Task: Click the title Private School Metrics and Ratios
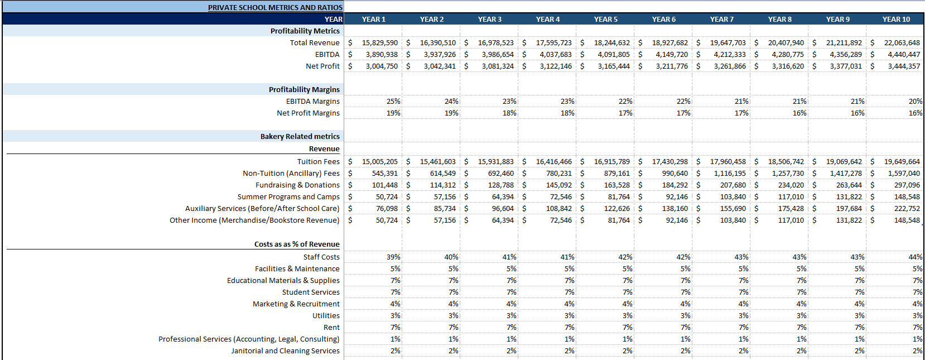(x=275, y=7)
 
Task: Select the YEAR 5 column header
(x=605, y=19)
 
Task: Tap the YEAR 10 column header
(x=895, y=19)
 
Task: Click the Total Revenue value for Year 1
(x=379, y=42)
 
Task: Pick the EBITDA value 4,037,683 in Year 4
(x=555, y=54)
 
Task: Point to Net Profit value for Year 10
(x=903, y=66)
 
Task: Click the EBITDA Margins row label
(x=312, y=101)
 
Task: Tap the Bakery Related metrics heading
(x=300, y=136)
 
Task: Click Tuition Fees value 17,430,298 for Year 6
(x=669, y=161)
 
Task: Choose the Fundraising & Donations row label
(x=297, y=185)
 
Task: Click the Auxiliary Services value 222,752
(x=907, y=208)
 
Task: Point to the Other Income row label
(x=254, y=220)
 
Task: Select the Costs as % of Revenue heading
(x=297, y=244)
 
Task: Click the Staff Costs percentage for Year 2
(x=451, y=257)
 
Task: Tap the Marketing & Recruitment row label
(x=296, y=304)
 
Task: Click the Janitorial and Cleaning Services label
(x=285, y=351)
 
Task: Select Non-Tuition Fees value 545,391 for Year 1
(x=384, y=173)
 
